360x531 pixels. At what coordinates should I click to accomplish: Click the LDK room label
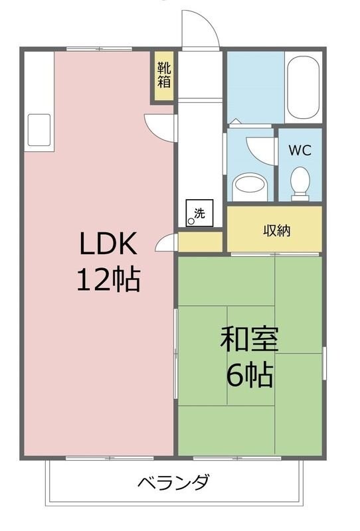pyautogui.click(x=108, y=245)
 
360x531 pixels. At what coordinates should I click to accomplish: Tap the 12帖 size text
pyautogui.click(x=108, y=280)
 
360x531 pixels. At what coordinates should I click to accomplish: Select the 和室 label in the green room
pyautogui.click(x=249, y=340)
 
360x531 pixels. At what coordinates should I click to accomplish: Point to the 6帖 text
pyautogui.click(x=250, y=376)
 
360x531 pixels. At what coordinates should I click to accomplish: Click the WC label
pyautogui.click(x=300, y=150)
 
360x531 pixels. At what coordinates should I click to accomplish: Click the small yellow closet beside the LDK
pyautogui.click(x=200, y=242)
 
